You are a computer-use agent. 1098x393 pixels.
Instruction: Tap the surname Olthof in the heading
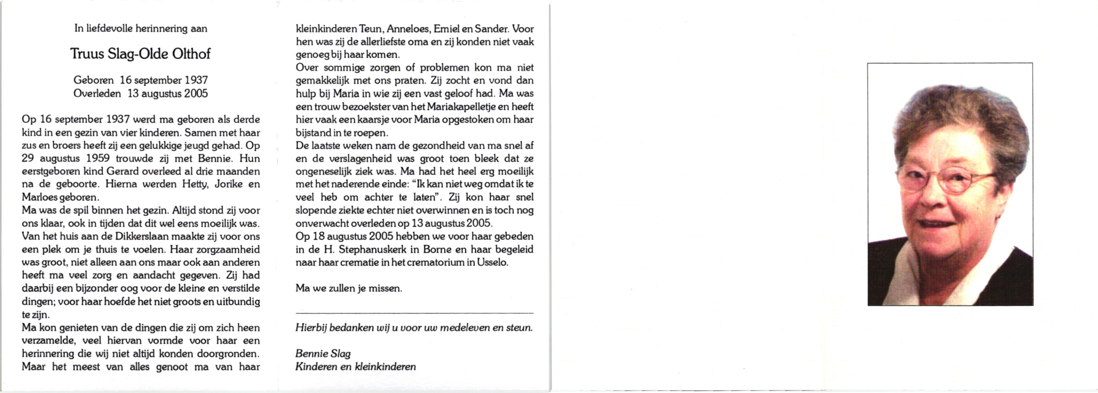192,54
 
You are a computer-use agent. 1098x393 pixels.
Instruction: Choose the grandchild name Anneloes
408,29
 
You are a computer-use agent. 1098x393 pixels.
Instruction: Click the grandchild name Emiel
446,29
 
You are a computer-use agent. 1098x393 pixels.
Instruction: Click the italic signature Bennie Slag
323,353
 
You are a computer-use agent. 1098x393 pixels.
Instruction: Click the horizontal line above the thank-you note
414,313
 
